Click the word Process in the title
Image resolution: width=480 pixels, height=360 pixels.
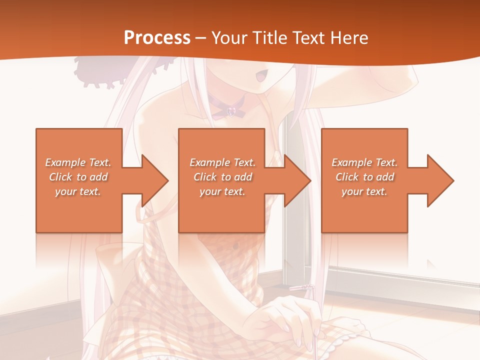point(157,37)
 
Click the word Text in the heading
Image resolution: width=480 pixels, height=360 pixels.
point(310,37)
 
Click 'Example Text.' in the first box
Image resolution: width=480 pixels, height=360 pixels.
point(78,162)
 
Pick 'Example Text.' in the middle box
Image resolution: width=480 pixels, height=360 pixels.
point(222,162)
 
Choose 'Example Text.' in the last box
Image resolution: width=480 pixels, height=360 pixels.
point(364,162)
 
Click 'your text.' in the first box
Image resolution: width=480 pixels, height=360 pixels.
point(78,191)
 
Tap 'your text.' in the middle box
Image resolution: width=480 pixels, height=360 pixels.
point(222,191)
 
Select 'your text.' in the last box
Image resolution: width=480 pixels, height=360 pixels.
point(364,191)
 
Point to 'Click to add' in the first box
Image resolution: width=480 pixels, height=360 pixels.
point(78,177)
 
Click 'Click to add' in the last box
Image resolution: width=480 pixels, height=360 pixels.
point(365,177)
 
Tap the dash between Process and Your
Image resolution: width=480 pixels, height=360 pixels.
point(201,38)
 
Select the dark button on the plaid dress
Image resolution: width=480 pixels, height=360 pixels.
point(235,246)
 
